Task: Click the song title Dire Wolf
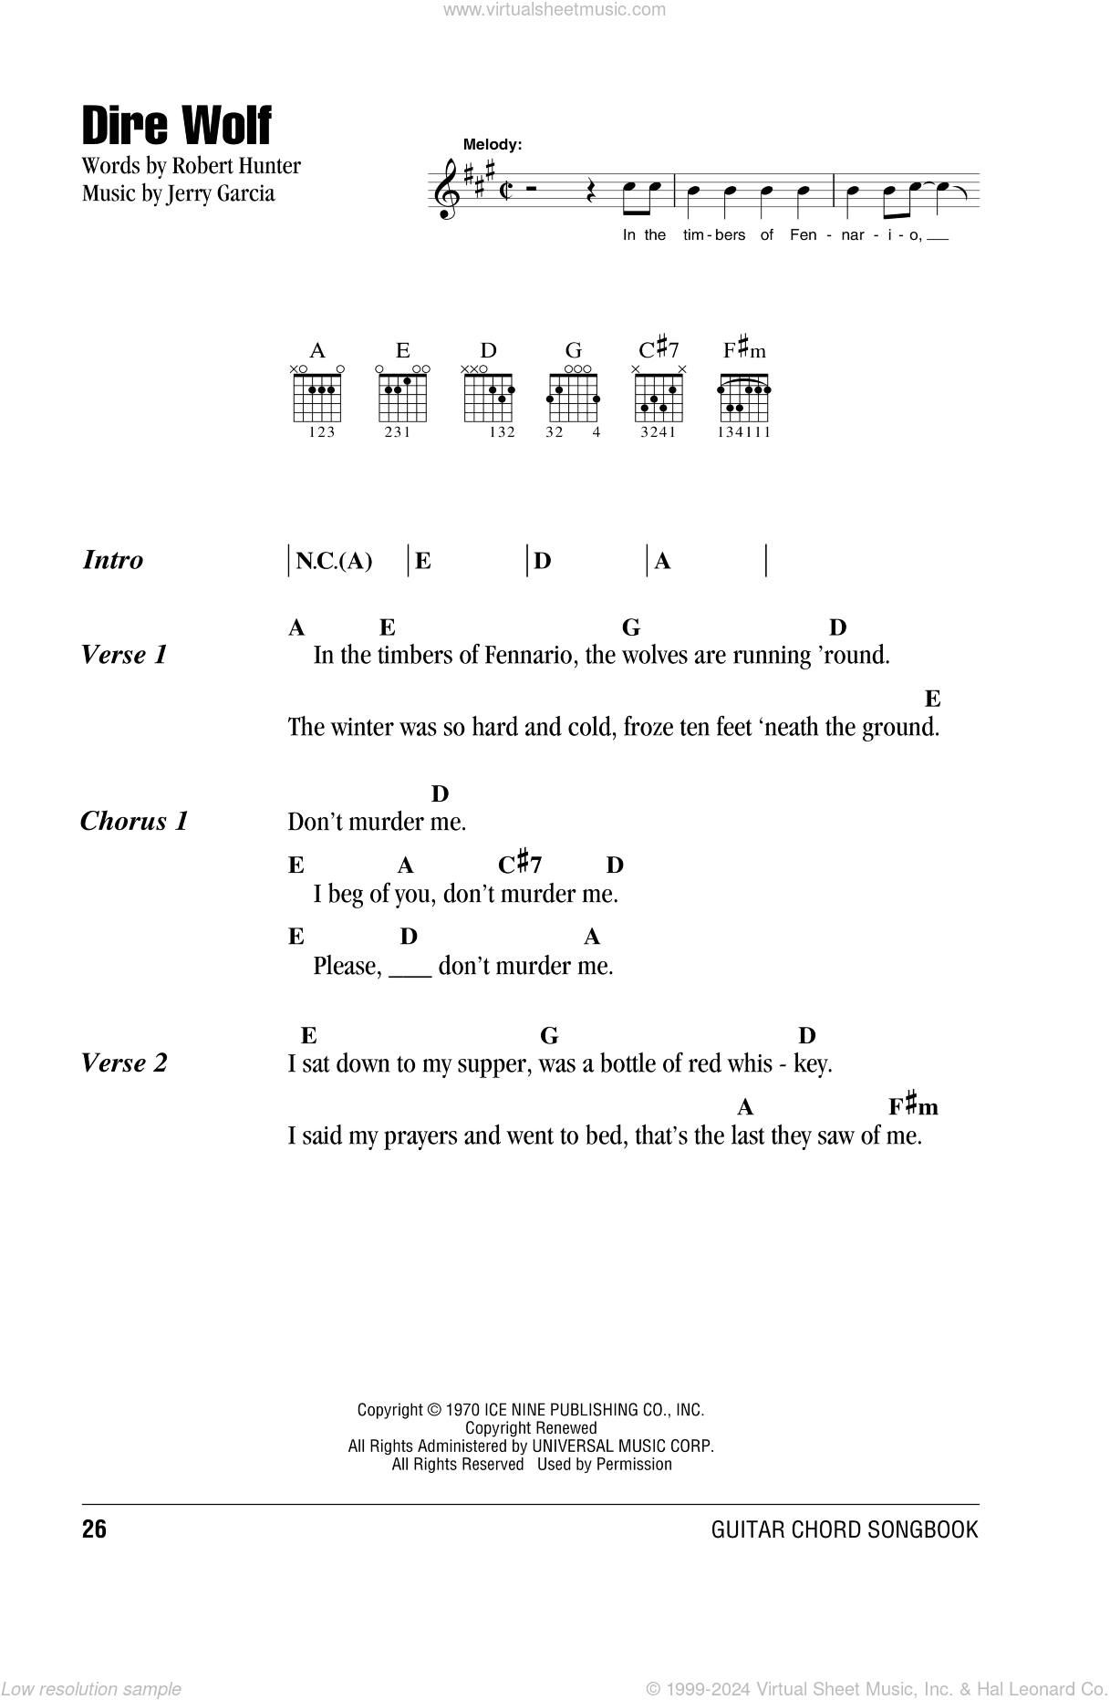177,126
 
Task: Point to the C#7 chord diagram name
659,349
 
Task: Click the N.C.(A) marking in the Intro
334,561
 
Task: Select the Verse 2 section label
124,1062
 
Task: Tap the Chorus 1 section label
134,821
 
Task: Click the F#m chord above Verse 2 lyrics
913,1106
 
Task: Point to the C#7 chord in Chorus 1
520,864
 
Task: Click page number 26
94,1529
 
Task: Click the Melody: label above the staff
492,144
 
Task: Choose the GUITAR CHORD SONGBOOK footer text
844,1529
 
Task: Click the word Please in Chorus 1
347,966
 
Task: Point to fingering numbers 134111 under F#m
745,432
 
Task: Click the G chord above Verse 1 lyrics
631,627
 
